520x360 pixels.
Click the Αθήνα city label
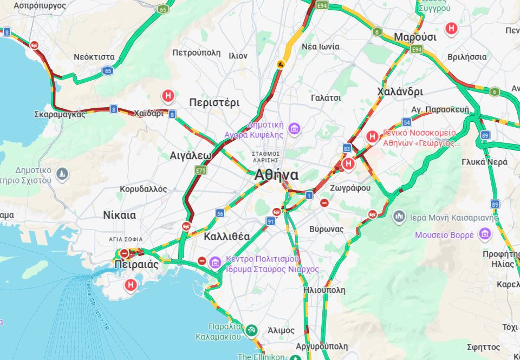(276, 175)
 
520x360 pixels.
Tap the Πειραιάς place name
(136, 265)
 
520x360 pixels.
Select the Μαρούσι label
(415, 37)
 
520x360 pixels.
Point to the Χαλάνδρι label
(400, 91)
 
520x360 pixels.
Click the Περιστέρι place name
(214, 102)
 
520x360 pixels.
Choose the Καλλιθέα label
(226, 237)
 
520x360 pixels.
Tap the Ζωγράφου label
(350, 188)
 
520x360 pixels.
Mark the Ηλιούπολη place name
(324, 290)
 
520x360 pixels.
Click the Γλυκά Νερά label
(484, 162)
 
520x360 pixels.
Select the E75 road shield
(200, 170)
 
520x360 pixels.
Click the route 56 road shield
(220, 213)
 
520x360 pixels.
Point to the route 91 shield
(270, 221)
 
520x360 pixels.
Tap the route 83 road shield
(347, 148)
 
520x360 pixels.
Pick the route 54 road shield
(406, 122)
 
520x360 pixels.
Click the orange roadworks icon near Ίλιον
(281, 64)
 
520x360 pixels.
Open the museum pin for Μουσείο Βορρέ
(484, 234)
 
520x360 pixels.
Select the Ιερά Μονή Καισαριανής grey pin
(399, 217)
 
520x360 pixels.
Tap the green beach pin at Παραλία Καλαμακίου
(250, 330)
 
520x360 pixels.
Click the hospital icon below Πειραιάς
(131, 284)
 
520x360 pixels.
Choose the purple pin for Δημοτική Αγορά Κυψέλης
(294, 129)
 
